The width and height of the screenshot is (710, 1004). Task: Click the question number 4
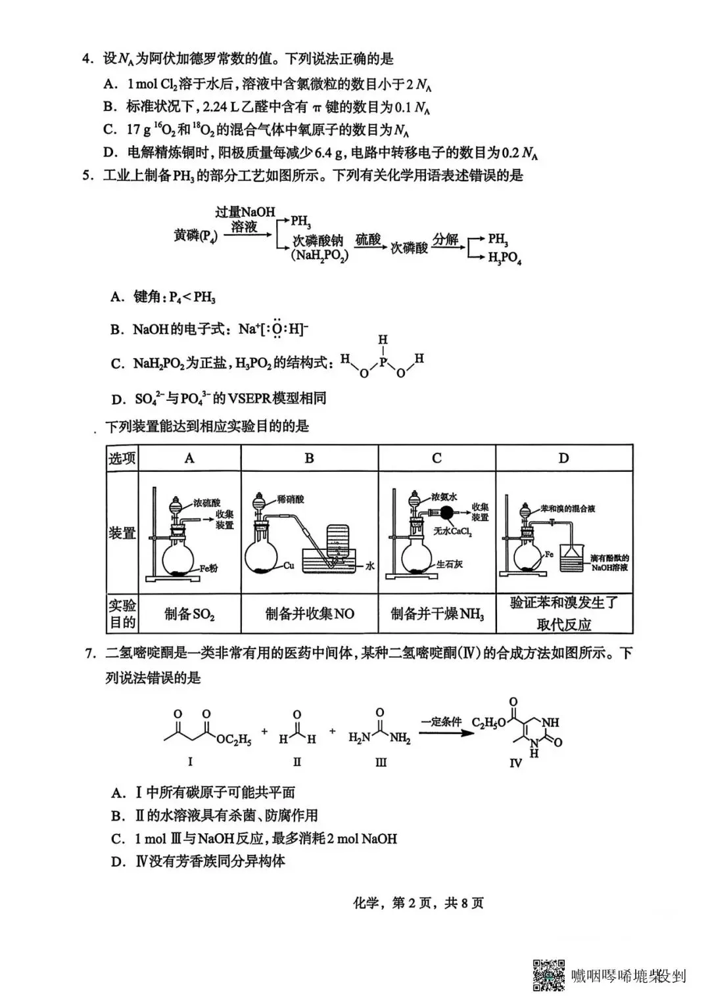(x=86, y=59)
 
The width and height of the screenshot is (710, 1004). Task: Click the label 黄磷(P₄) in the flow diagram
(x=195, y=235)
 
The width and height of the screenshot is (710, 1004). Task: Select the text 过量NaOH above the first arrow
(x=245, y=212)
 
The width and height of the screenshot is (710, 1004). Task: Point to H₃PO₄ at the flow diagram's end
(x=504, y=258)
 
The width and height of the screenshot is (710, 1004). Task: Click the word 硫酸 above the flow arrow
(x=368, y=240)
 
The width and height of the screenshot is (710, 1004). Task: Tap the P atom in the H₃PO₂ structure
(x=383, y=359)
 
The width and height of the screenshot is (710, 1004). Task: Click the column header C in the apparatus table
(x=437, y=458)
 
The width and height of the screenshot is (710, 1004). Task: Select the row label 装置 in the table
(x=122, y=532)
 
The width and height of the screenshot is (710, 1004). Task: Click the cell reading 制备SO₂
(x=189, y=614)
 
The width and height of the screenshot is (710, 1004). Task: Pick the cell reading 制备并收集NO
(x=310, y=614)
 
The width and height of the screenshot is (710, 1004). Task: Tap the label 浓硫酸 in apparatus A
(x=206, y=503)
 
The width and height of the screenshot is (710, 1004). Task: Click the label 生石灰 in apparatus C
(x=450, y=564)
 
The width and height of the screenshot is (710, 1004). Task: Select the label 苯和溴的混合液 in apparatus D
(x=567, y=509)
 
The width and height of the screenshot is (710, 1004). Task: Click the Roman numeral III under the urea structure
(x=381, y=762)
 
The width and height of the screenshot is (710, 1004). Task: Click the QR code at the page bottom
(x=548, y=975)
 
